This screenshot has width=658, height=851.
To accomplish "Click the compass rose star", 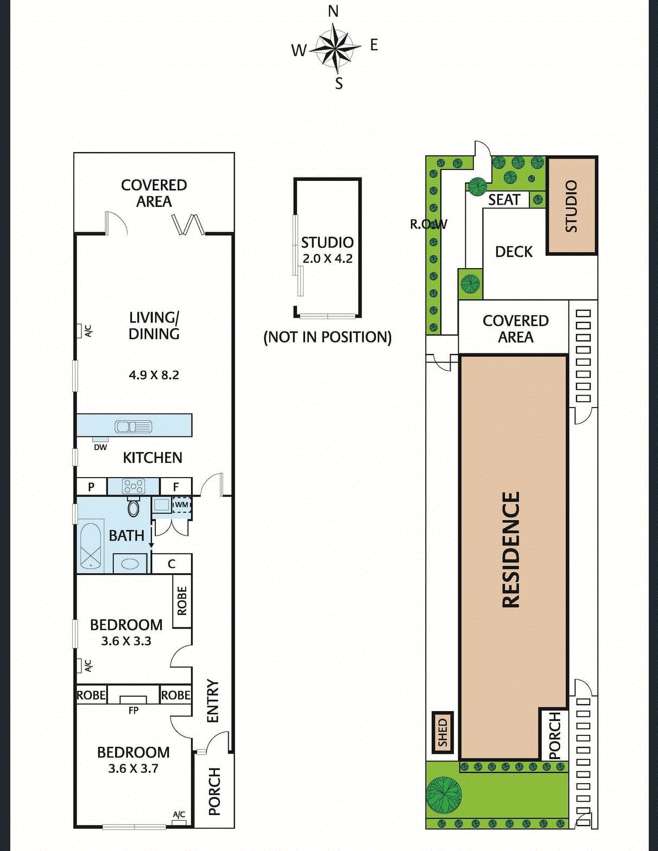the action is (337, 48).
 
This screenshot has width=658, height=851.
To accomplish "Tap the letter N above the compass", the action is (333, 12).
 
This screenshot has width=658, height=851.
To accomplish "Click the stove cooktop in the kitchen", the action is (134, 486).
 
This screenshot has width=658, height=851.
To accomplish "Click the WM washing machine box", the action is (182, 505).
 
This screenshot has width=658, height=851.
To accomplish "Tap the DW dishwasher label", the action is (100, 447).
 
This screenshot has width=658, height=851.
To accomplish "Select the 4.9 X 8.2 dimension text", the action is (154, 375).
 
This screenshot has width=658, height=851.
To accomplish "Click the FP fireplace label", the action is (133, 710).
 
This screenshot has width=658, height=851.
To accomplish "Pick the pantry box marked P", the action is (91, 487).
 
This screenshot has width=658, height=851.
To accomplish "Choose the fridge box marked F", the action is (176, 487).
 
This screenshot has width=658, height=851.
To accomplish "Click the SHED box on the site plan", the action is (443, 732).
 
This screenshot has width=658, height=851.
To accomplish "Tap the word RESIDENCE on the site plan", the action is (511, 550).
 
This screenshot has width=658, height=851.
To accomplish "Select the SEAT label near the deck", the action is (504, 200).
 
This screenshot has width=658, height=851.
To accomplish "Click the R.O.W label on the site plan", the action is (428, 224).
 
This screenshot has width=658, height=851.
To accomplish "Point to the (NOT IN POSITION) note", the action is (327, 337).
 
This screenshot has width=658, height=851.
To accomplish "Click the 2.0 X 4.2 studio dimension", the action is (327, 259).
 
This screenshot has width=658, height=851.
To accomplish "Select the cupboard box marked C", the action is (172, 564).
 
